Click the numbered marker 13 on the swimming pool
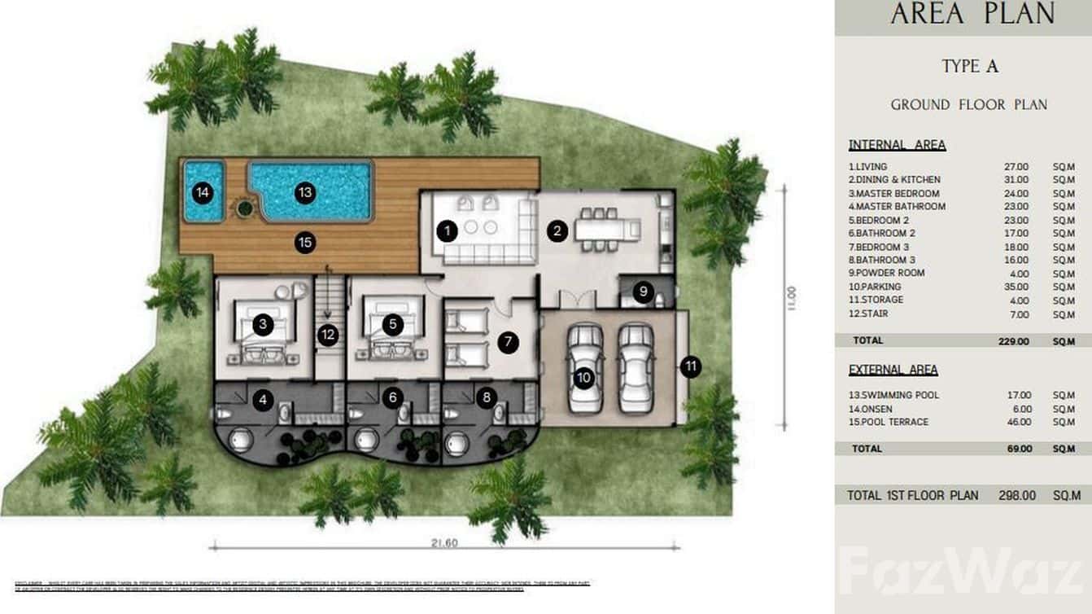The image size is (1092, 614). [305, 193]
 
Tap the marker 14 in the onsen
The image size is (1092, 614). [203, 193]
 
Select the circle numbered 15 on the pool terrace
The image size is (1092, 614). [305, 242]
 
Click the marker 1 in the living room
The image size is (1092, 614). [446, 231]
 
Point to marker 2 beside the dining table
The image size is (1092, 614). [557, 231]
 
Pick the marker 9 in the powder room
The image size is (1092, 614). [644, 291]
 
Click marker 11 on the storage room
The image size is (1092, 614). [691, 367]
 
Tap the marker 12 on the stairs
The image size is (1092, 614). [328, 335]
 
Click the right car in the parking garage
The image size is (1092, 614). [636, 367]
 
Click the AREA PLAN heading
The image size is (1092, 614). [972, 14]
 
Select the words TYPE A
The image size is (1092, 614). [970, 67]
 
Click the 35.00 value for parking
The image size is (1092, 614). [1016, 287]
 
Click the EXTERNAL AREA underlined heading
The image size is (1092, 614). [893, 370]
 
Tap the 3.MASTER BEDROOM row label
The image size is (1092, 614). [893, 194]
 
